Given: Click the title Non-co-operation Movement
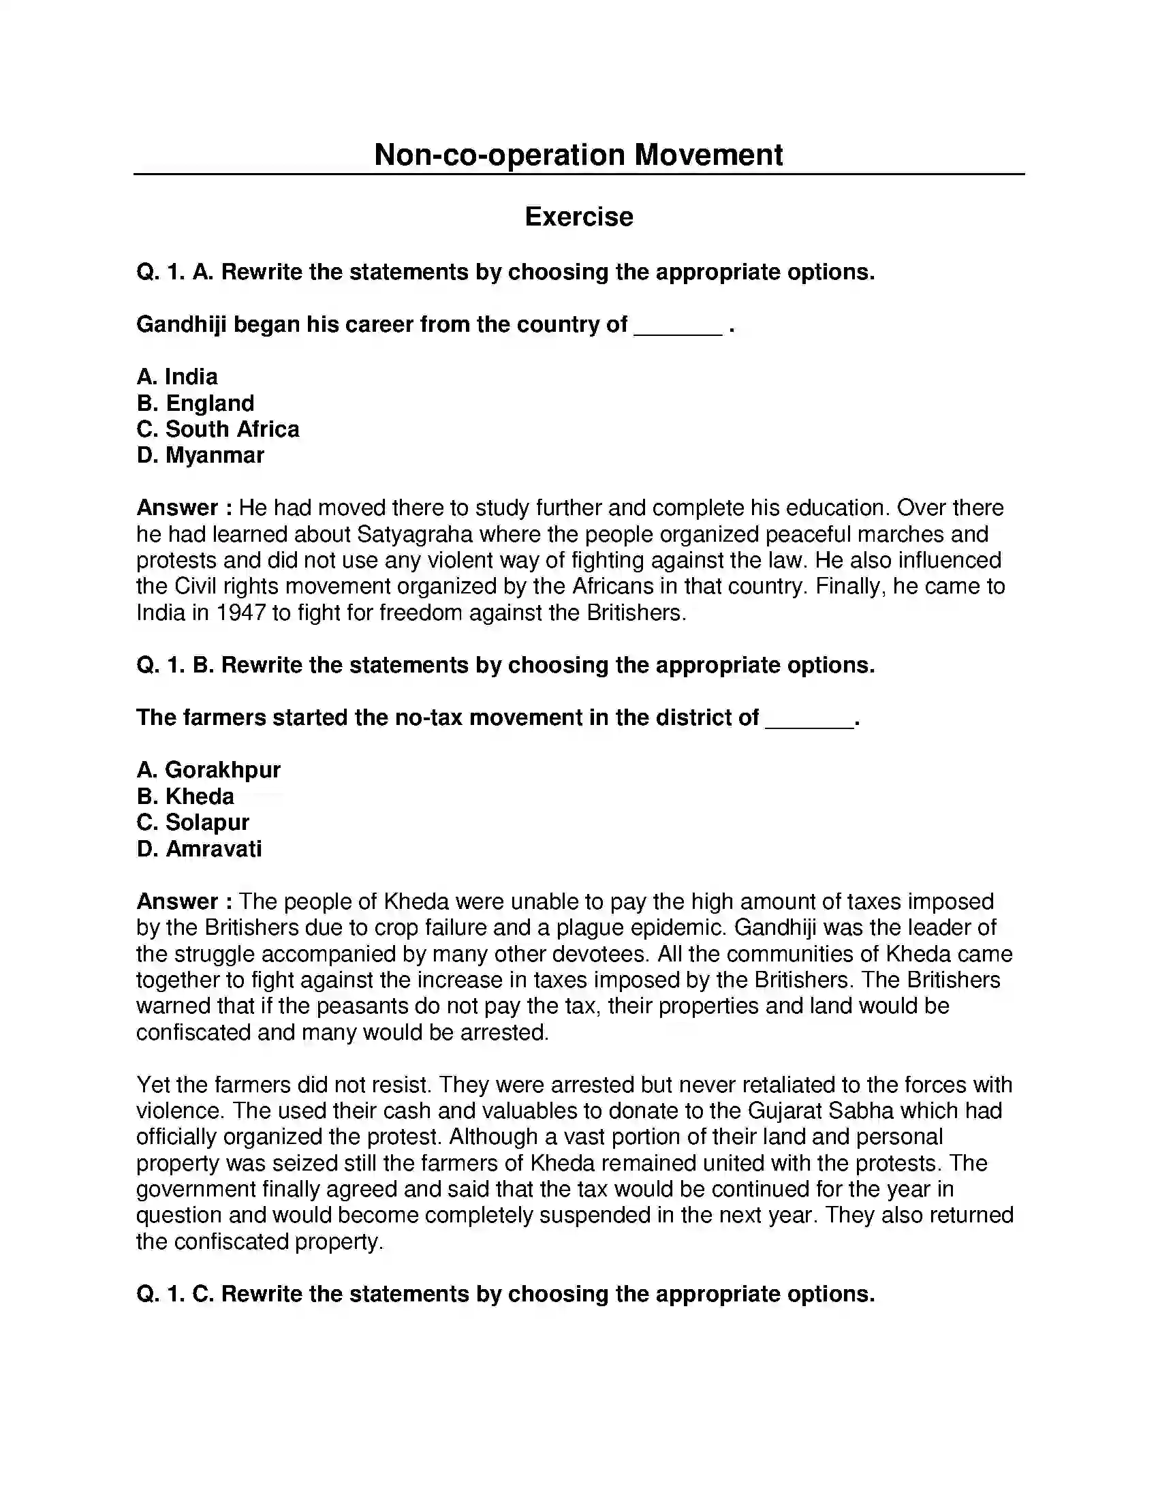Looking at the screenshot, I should (578, 155).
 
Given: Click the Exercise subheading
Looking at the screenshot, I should (578, 217).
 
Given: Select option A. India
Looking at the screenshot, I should (177, 377).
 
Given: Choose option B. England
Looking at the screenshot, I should (195, 403).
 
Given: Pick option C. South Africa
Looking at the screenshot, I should (217, 429).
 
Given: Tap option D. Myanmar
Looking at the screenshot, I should (200, 455).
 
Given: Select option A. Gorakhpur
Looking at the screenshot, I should (208, 770).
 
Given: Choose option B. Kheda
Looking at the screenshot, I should (185, 796).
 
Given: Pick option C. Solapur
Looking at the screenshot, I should (193, 822).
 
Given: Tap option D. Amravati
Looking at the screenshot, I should (199, 849).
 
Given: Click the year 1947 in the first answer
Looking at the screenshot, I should (240, 613).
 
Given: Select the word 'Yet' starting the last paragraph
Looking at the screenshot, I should (153, 1085).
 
